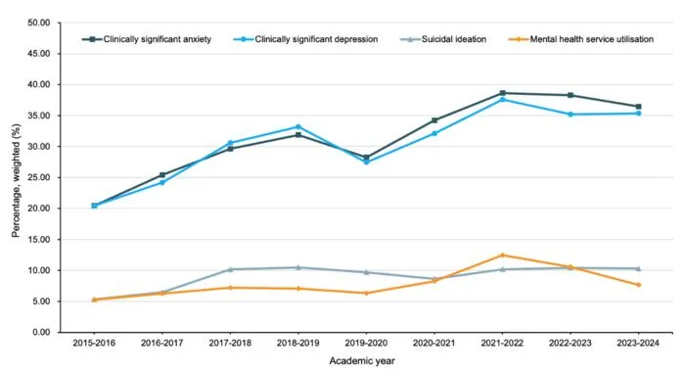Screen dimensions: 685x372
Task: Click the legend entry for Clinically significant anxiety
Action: click(147, 39)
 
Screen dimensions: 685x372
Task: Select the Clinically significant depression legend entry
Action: click(305, 39)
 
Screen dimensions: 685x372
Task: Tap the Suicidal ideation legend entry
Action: click(443, 39)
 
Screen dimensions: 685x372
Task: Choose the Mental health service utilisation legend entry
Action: click(581, 39)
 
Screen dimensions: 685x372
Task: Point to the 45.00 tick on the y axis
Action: click(39, 53)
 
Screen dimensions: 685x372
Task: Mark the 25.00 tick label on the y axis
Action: click(39, 177)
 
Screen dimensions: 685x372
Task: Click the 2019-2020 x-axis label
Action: click(366, 344)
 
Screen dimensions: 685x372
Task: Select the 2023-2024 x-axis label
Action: click(638, 344)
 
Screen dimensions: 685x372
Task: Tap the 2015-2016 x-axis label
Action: click(94, 344)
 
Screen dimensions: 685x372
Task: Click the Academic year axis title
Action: click(362, 361)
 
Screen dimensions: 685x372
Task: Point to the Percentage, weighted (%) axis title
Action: click(17, 180)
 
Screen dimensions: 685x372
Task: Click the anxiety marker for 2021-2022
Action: click(502, 93)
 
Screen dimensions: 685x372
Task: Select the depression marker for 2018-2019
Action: click(298, 126)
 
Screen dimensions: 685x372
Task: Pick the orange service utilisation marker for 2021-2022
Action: click(502, 255)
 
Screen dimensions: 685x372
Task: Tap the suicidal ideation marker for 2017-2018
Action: click(230, 269)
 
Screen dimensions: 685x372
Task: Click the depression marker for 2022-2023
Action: click(571, 115)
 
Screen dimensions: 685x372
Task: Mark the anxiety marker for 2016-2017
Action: click(162, 175)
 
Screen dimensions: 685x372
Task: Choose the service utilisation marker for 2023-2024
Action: click(638, 285)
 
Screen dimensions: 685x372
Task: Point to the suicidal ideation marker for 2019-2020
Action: click(366, 272)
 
